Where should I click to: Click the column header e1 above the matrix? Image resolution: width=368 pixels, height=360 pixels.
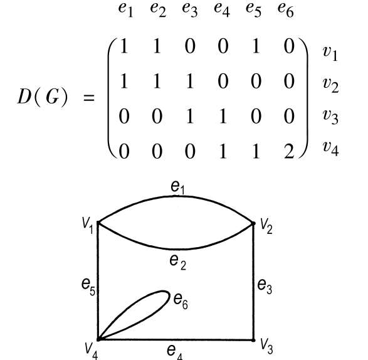pyautogui.click(x=126, y=10)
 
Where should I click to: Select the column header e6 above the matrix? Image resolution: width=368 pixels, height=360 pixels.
pyautogui.click(x=286, y=10)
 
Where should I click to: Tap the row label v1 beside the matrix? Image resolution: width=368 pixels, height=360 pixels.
pyautogui.click(x=330, y=53)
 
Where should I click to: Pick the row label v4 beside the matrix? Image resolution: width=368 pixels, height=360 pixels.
pyautogui.click(x=330, y=148)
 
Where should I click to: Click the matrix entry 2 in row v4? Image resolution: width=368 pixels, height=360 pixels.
pyautogui.click(x=289, y=152)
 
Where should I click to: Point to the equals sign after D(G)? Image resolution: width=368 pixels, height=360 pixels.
pyautogui.click(x=89, y=98)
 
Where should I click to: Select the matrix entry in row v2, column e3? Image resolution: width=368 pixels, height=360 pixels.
pyautogui.click(x=190, y=81)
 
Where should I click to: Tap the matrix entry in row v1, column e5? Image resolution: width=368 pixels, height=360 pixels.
pyautogui.click(x=256, y=46)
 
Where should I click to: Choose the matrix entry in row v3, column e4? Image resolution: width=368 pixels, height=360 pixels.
pyautogui.click(x=223, y=116)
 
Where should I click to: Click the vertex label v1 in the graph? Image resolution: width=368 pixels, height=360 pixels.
pyautogui.click(x=88, y=225)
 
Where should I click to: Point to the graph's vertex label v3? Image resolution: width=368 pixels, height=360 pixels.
pyautogui.click(x=267, y=346)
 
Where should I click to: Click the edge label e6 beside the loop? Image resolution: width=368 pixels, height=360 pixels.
pyautogui.click(x=181, y=301)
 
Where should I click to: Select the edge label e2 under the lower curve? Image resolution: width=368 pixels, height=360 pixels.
pyautogui.click(x=177, y=262)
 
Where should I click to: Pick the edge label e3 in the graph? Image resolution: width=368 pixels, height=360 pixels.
pyautogui.click(x=265, y=287)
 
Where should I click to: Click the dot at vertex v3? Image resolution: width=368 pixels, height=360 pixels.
pyautogui.click(x=253, y=340)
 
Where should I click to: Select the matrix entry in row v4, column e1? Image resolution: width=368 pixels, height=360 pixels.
pyautogui.click(x=124, y=152)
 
